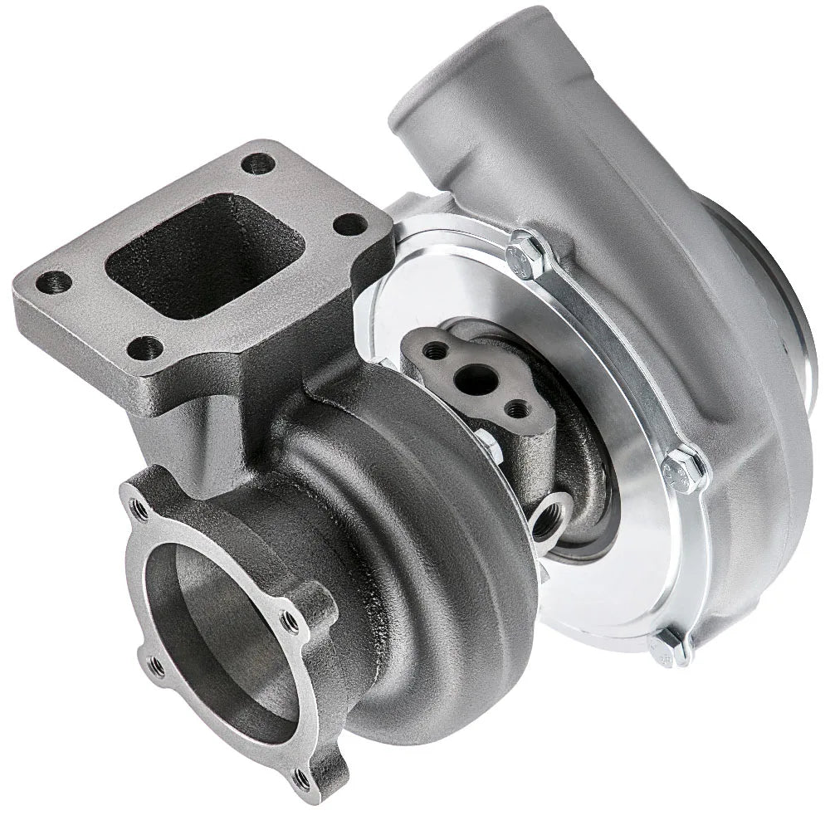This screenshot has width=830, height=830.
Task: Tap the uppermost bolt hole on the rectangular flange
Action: click(x=258, y=164)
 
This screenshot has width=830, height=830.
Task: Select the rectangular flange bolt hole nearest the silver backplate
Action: click(x=352, y=224)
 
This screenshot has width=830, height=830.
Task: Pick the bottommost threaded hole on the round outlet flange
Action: click(x=303, y=780)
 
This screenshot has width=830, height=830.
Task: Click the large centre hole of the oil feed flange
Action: click(x=476, y=381)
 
